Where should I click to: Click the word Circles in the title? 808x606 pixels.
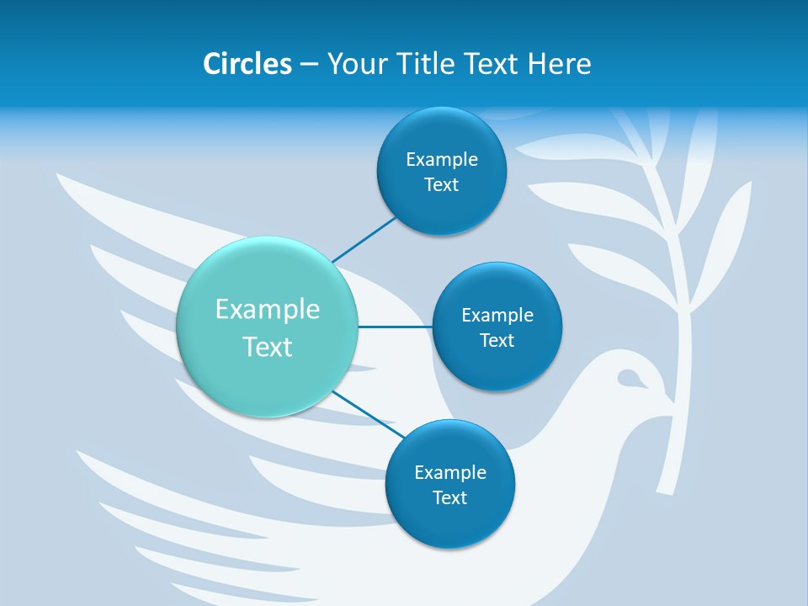point(247,64)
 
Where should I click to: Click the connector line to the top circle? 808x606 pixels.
point(364,239)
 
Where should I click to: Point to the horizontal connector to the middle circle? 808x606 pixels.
point(395,327)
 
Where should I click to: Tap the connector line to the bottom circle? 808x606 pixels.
point(368,413)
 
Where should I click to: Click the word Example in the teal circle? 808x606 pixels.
point(268,310)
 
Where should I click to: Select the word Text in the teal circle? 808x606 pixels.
point(268,347)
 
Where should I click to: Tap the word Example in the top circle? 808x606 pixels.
point(442,160)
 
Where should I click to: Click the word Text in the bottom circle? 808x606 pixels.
point(449,498)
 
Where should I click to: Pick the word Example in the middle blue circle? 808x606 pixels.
point(497,316)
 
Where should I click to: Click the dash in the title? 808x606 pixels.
point(309,65)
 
